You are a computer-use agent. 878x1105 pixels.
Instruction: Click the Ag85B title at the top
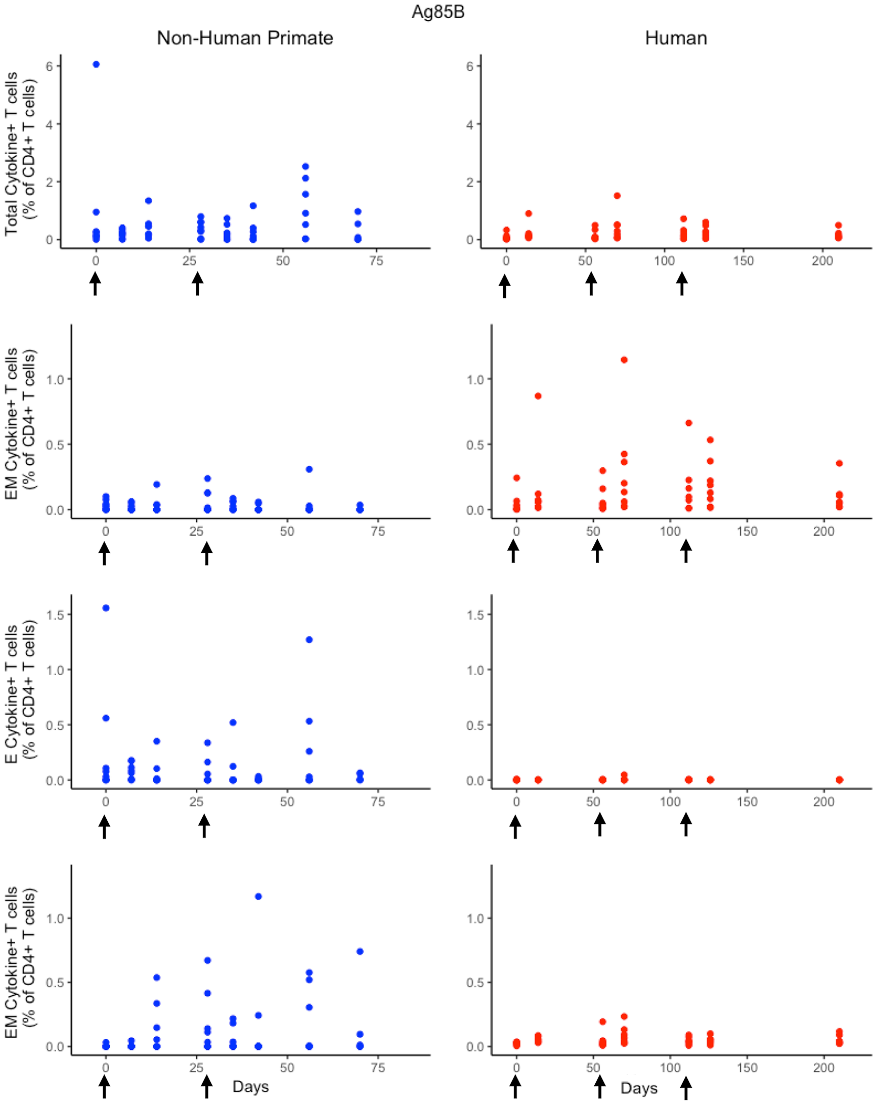(437, 12)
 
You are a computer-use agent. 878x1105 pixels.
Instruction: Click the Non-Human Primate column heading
(244, 38)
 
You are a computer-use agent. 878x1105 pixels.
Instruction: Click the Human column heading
(676, 38)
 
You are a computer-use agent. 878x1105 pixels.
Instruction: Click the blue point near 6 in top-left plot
(96, 64)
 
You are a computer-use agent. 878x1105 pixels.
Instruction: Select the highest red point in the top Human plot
(617, 195)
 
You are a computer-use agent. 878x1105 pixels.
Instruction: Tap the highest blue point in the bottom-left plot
(258, 897)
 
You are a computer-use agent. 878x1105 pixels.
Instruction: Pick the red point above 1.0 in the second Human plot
(624, 360)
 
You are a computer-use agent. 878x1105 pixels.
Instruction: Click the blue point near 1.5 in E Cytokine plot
(106, 608)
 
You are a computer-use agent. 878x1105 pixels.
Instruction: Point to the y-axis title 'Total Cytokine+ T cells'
(11, 154)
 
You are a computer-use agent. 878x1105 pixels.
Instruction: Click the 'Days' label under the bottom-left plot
(250, 1086)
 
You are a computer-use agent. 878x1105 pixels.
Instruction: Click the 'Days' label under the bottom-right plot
(639, 1088)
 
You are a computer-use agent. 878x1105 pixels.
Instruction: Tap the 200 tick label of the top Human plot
(822, 261)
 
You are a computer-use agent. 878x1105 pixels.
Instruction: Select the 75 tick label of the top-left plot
(376, 261)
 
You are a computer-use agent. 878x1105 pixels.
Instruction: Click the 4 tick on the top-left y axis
(49, 124)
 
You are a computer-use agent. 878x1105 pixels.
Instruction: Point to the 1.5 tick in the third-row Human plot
(475, 614)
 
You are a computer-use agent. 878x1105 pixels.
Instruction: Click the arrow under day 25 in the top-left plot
(197, 283)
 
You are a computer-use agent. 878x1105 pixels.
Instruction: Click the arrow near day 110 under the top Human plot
(682, 283)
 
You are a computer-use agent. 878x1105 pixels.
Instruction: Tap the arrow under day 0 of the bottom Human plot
(515, 1087)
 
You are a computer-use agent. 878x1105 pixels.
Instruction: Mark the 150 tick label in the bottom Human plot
(747, 1068)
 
